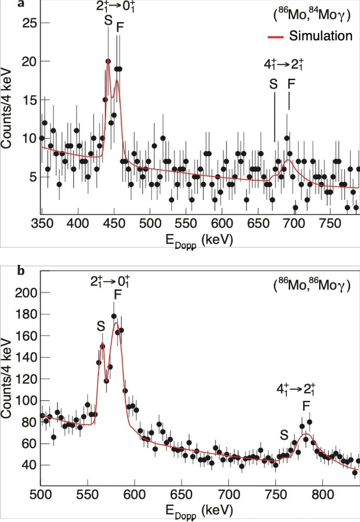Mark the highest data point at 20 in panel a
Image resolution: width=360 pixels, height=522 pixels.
pos(108,61)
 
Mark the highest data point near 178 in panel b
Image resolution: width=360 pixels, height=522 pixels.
pos(114,316)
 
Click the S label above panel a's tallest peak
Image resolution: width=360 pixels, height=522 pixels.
pos(108,22)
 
